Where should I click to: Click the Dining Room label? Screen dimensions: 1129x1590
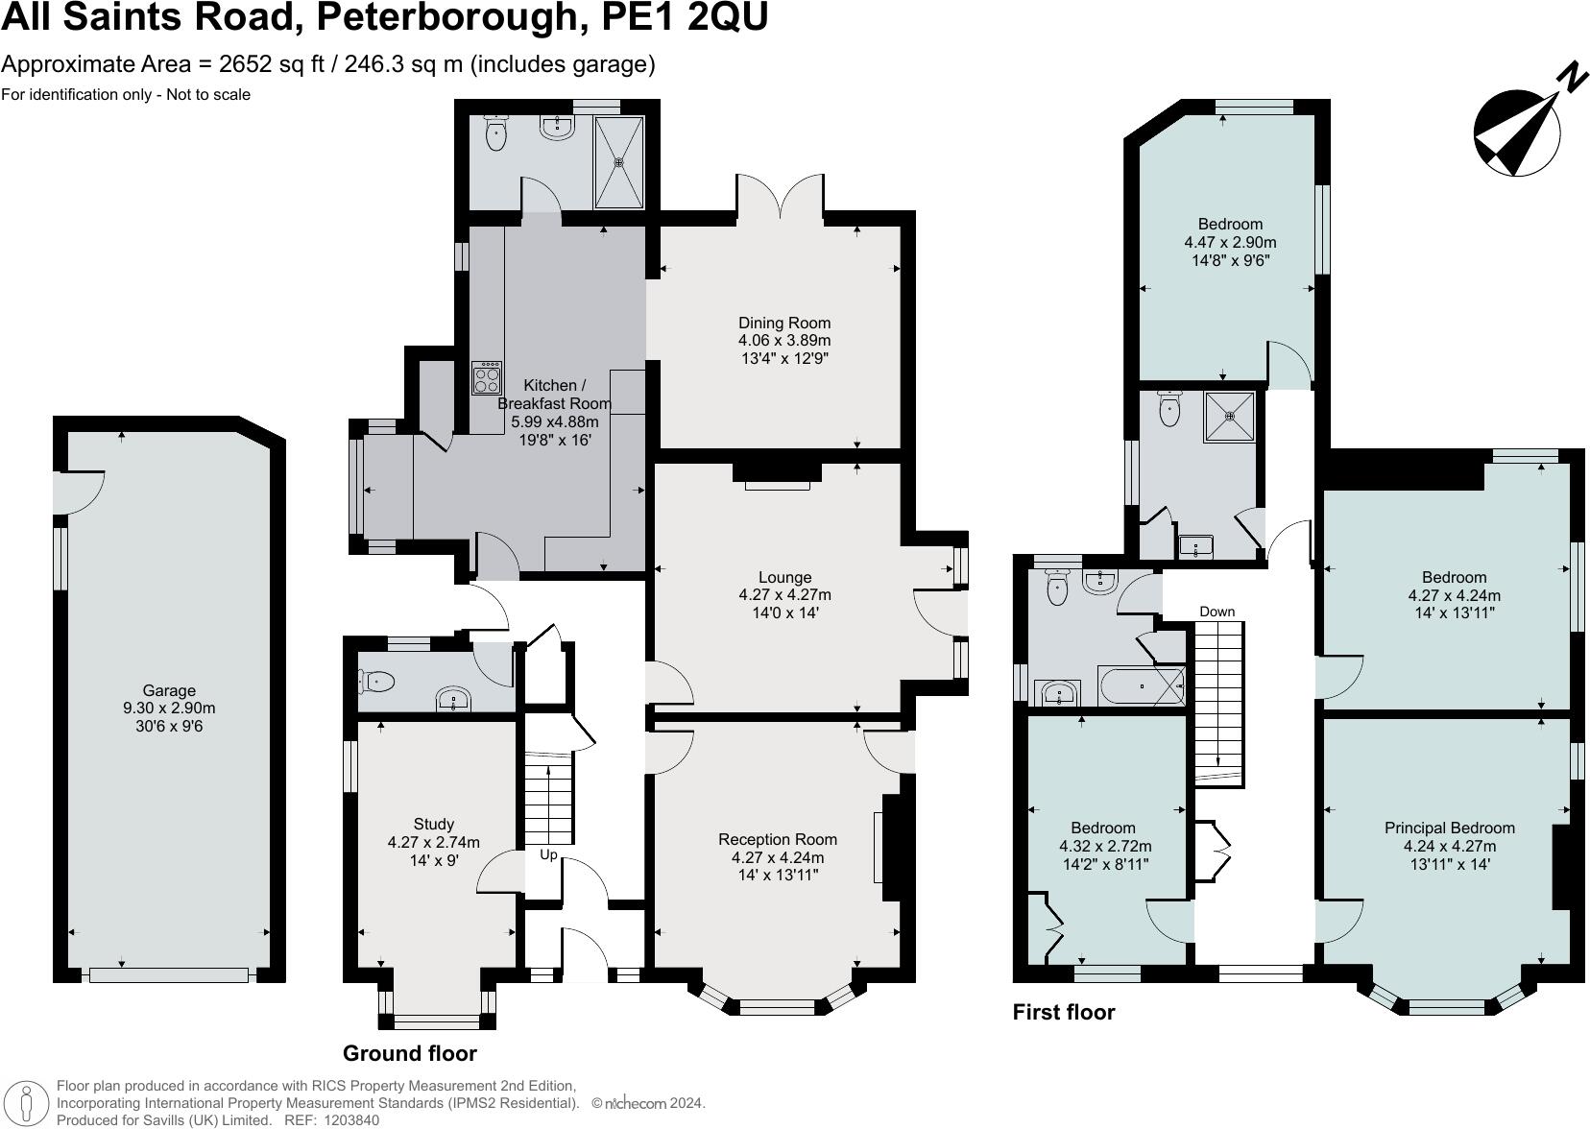[783, 323]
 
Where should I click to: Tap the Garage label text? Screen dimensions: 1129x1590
[169, 690]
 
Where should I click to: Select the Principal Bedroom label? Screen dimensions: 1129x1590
[1449, 828]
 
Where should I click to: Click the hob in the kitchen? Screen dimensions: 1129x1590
[487, 377]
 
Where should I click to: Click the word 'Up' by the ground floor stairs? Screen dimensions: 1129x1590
[548, 854]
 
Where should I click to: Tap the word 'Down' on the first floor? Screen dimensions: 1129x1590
[1217, 612]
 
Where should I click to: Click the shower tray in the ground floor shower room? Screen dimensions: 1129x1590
[618, 162]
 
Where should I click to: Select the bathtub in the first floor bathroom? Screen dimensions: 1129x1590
[1142, 687]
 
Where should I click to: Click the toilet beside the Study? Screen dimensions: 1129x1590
[377, 682]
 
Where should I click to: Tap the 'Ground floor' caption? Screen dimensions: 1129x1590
[410, 1053]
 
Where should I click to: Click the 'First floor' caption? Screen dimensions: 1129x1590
[1064, 1012]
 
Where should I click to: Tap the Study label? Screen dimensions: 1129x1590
[433, 824]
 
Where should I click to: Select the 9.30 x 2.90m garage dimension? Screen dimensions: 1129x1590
[169, 709]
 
